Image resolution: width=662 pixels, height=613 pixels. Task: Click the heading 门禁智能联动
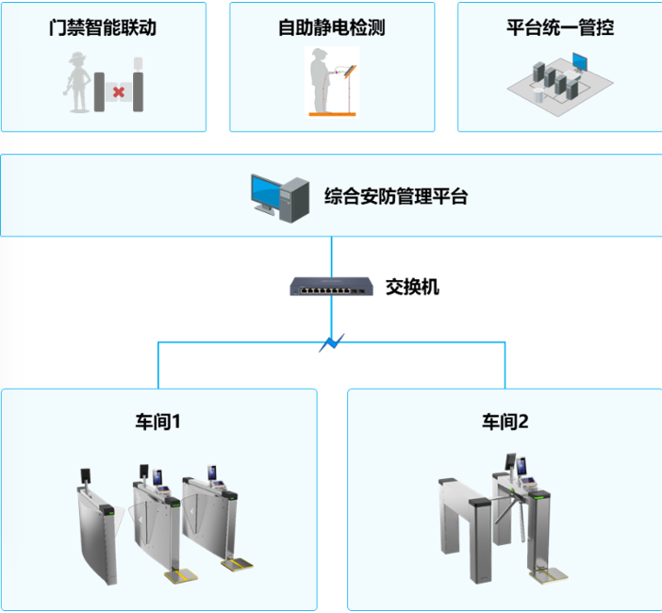point(103,27)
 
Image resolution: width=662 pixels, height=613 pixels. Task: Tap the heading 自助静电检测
point(332,27)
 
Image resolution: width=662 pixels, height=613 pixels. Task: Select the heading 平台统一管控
point(559,27)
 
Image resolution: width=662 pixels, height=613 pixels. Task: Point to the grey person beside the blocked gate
point(77,82)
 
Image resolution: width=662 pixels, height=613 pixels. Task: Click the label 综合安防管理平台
point(395,196)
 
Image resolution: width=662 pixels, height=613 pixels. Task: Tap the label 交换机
point(412,286)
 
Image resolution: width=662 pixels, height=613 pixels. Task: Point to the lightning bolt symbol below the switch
point(331,342)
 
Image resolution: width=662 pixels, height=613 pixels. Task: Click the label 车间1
point(157,422)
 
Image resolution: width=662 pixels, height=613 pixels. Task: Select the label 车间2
point(505,422)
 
